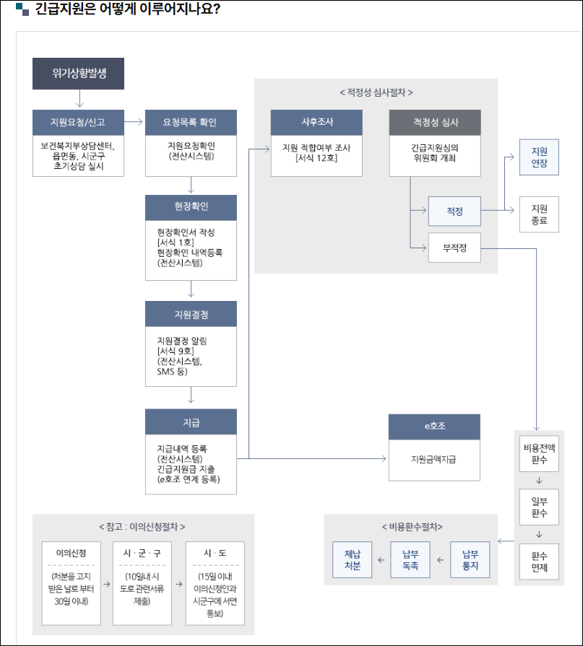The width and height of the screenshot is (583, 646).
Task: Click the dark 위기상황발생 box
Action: click(79, 74)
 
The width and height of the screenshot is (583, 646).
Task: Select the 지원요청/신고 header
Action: click(79, 122)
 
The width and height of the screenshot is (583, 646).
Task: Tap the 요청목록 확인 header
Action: click(191, 122)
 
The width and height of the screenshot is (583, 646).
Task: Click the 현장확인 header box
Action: click(191, 207)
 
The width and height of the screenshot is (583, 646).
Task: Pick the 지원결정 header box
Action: click(191, 314)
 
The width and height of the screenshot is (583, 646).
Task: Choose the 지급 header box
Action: click(191, 422)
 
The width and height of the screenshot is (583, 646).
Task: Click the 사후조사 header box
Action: click(316, 122)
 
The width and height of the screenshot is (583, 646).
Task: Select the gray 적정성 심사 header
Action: click(434, 122)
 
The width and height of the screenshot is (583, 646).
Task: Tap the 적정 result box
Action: click(454, 211)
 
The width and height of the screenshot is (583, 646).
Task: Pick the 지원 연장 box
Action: click(539, 157)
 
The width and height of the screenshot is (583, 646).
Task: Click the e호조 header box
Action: click(434, 426)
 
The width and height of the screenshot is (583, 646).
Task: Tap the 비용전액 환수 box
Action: click(539, 453)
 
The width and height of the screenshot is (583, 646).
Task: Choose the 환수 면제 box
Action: click(539, 561)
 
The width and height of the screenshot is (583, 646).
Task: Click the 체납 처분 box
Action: click(353, 559)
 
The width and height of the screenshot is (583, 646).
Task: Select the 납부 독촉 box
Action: click(410, 559)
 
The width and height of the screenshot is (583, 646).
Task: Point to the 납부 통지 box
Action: click(470, 559)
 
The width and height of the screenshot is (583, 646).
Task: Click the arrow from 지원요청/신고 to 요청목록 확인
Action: click(134, 122)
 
